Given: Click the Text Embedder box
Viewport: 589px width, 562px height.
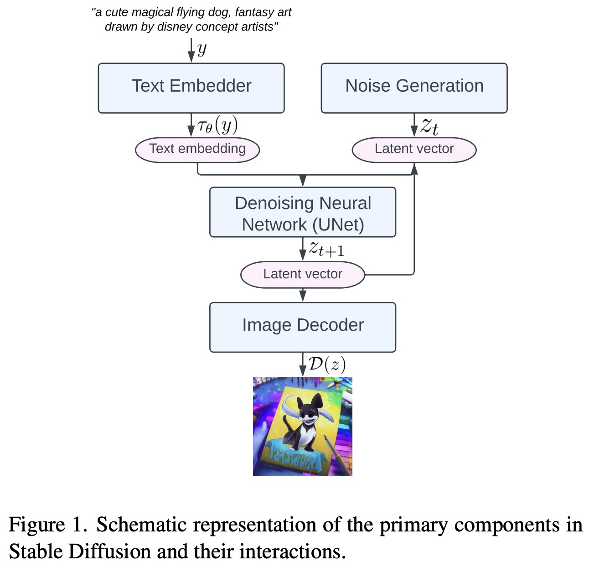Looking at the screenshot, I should [x=191, y=88].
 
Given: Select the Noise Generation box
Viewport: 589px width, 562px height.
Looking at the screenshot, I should [x=414, y=88].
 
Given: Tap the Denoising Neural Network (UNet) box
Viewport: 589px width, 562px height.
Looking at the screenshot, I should [x=303, y=212].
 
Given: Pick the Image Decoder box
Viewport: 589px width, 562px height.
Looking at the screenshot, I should [x=303, y=327].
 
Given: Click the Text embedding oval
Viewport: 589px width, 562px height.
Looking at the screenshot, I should [x=197, y=150].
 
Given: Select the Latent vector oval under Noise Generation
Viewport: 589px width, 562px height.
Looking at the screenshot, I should [x=414, y=150].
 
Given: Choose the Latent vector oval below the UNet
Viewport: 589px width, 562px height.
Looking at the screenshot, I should [x=303, y=274].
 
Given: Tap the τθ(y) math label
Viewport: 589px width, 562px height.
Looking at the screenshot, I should [x=217, y=125].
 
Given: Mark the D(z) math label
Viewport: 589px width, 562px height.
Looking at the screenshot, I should [x=327, y=364].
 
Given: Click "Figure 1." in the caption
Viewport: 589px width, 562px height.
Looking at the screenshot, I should [x=48, y=525].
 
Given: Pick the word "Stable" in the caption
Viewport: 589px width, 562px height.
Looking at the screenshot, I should [x=36, y=551].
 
